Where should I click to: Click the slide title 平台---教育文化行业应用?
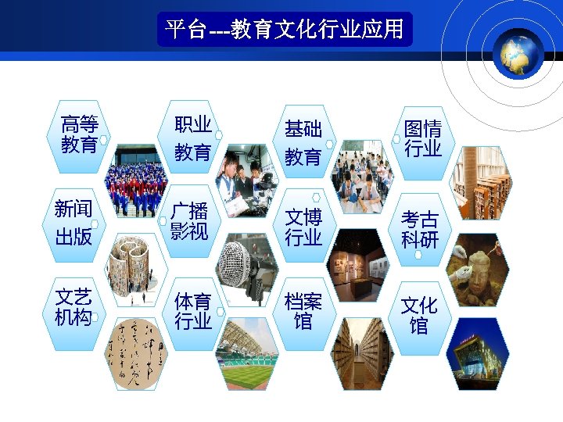[285, 30]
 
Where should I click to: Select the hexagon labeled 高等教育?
[79, 134]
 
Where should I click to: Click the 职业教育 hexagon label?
[192, 138]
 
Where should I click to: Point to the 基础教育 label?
[303, 142]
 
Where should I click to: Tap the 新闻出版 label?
[74, 223]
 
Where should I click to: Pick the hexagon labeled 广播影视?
[189, 221]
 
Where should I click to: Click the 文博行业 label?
[303, 227]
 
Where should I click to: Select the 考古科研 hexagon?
[420, 229]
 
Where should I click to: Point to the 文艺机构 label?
[74, 307]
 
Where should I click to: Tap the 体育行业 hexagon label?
[192, 311]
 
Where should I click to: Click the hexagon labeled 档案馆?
[303, 311]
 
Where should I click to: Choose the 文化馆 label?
[419, 315]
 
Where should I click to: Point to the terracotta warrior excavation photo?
[478, 270]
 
